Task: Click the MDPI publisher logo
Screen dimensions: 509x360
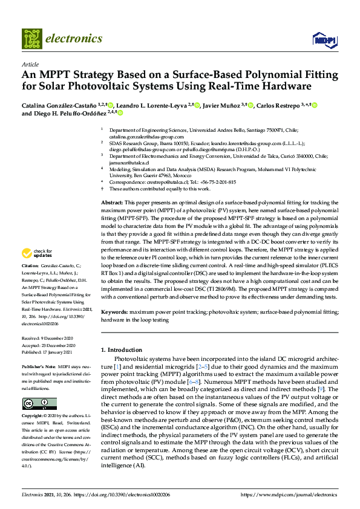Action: (324, 40)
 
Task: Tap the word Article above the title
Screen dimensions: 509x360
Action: (30, 64)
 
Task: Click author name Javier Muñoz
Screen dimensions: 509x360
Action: (221, 105)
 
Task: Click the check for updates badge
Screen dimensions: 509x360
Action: (37, 270)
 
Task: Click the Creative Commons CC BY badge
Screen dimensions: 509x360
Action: (39, 403)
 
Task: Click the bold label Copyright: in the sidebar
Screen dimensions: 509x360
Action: (33, 417)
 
